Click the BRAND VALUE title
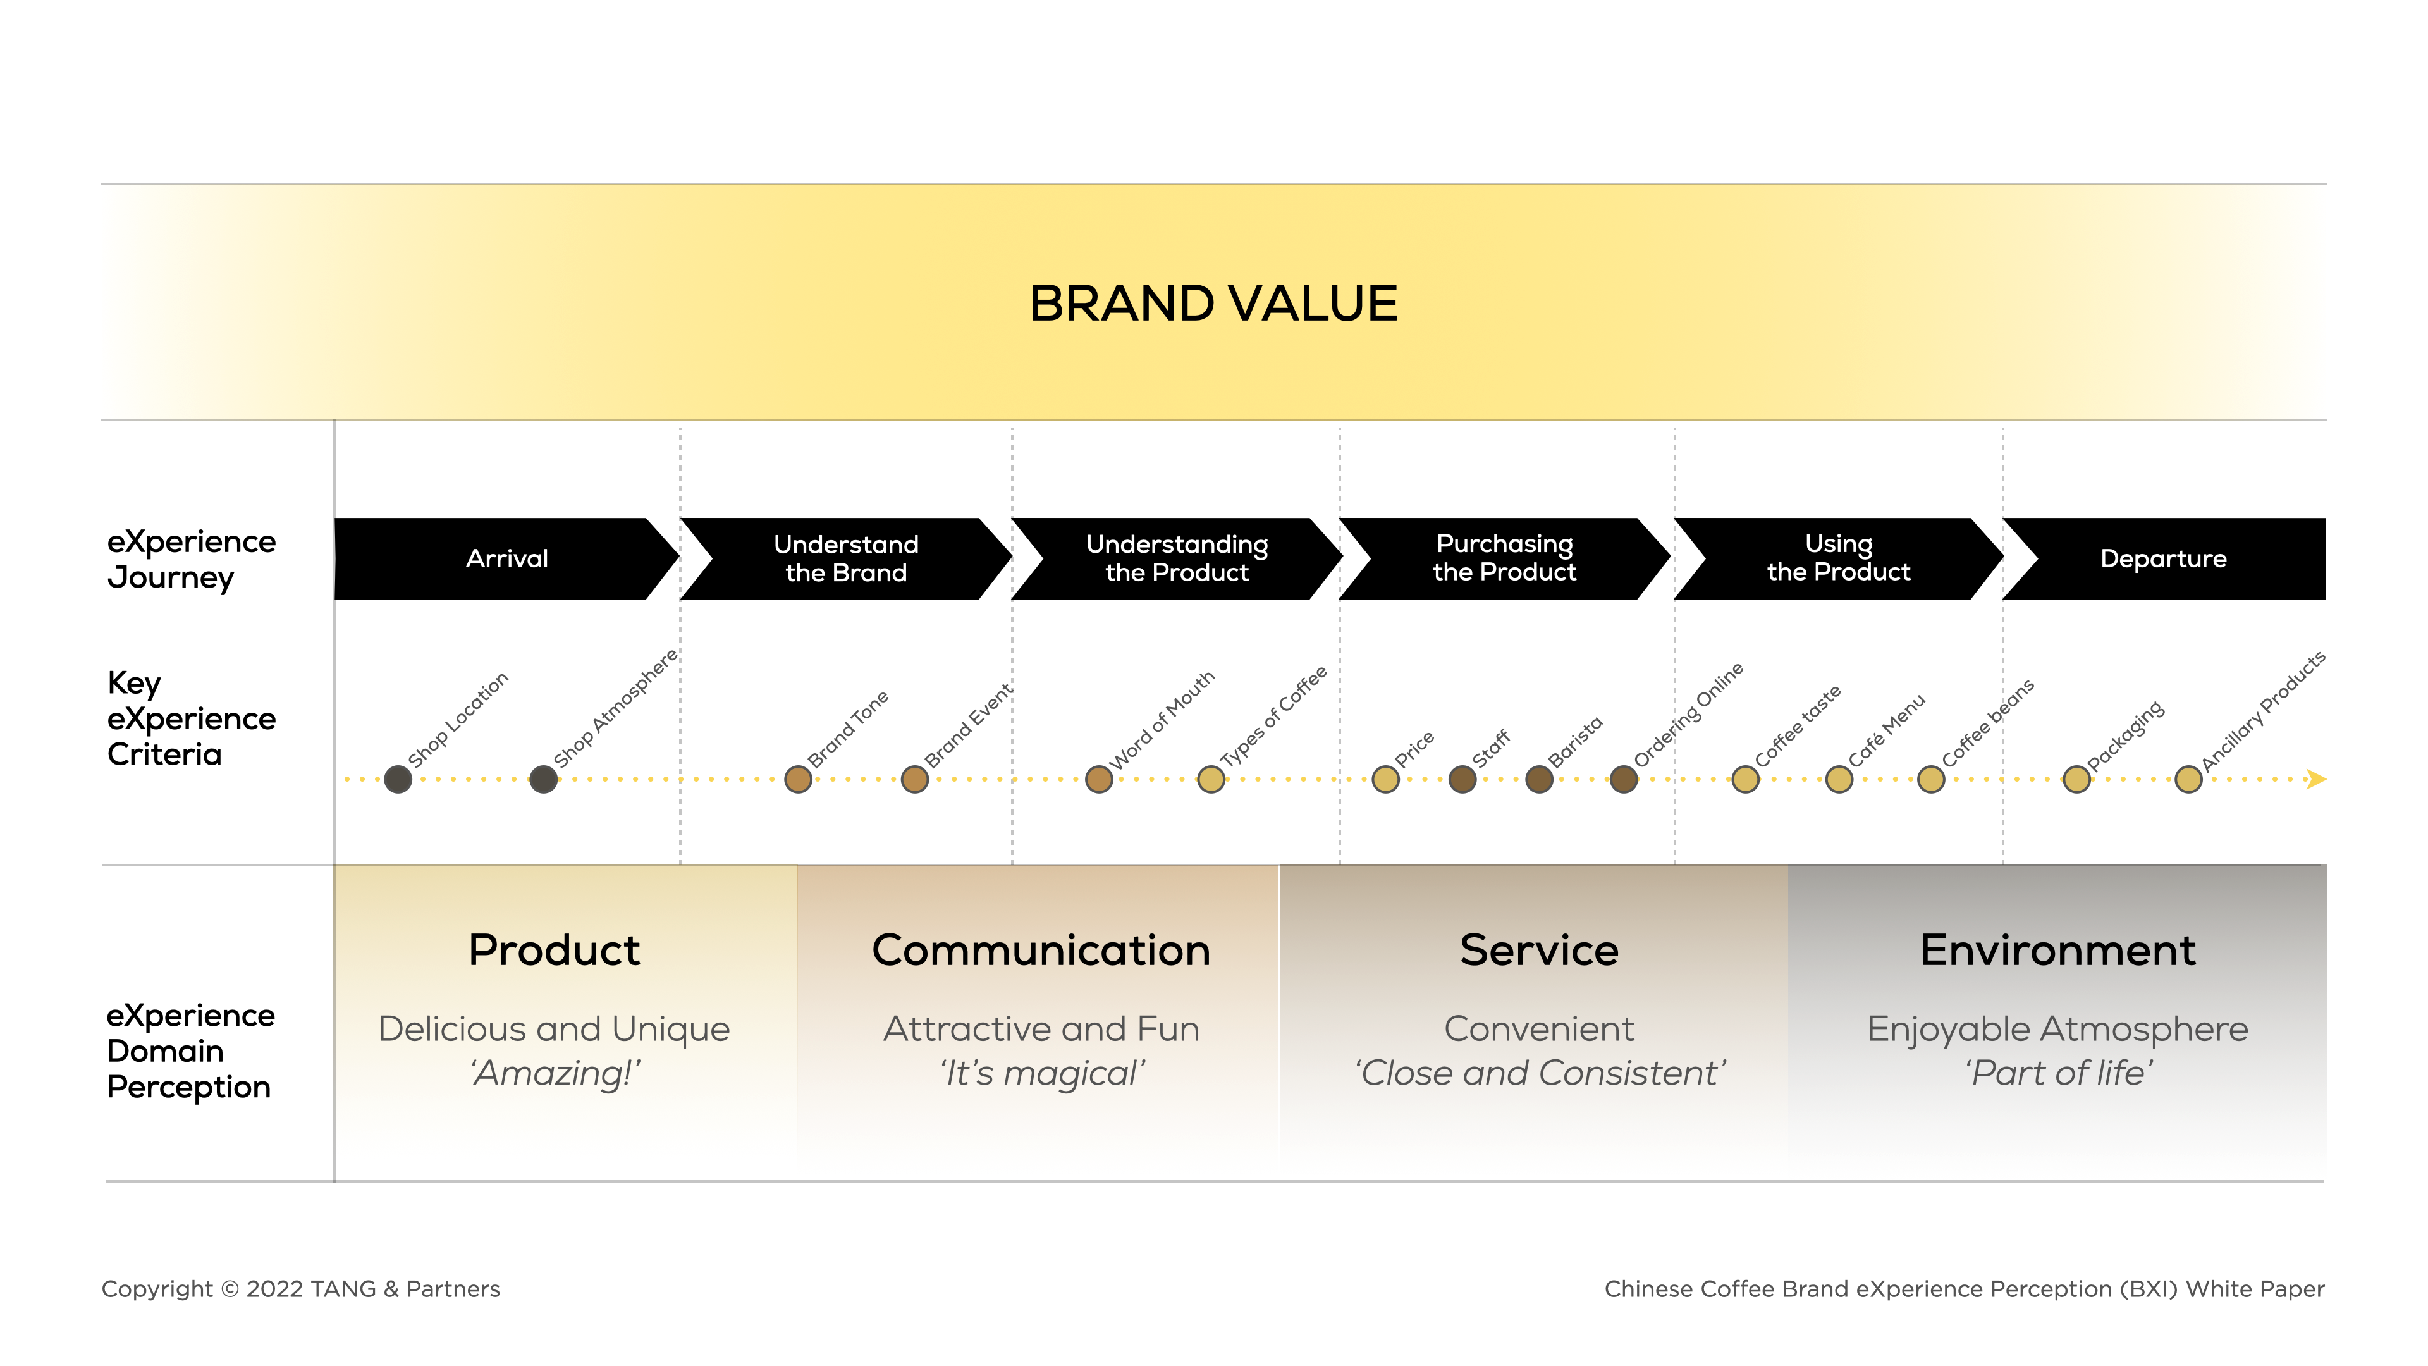[1213, 304]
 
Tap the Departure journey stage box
[2163, 558]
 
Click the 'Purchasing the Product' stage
[1504, 558]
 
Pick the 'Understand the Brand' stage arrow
[845, 558]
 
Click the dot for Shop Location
[398, 780]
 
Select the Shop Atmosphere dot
[543, 780]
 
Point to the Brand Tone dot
[799, 780]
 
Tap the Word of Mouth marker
[1099, 780]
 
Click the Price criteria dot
[1385, 780]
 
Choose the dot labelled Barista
[1539, 780]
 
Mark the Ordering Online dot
[1623, 780]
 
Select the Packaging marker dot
[2076, 780]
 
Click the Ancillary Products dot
[2188, 780]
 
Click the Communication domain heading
[1041, 951]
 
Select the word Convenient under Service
[1539, 1028]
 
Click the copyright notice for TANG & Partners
[301, 1289]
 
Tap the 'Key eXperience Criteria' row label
[192, 718]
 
